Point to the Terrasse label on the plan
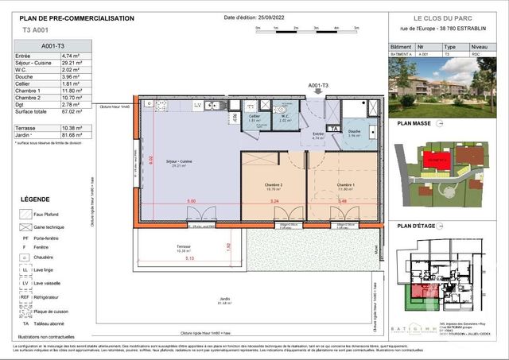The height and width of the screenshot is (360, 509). click(x=184, y=248)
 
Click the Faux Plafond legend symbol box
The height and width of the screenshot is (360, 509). click(x=25, y=214)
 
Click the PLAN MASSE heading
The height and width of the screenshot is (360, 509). click(x=415, y=124)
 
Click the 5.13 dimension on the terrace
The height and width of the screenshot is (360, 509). click(x=189, y=259)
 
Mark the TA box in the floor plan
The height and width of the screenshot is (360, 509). click(x=335, y=128)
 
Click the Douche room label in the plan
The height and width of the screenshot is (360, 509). click(x=355, y=132)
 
